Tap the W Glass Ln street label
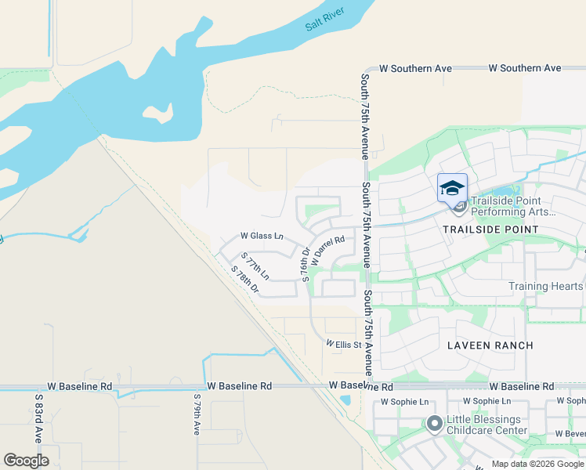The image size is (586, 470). click(261, 236)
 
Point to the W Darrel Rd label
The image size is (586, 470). click(327, 250)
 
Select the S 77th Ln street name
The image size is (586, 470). click(255, 266)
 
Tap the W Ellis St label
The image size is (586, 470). click(343, 345)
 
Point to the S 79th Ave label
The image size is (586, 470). click(197, 417)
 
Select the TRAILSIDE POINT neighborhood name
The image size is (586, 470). click(490, 230)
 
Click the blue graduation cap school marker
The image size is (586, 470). click(452, 188)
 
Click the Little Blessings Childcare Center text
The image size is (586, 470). click(487, 425)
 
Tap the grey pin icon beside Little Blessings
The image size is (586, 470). click(434, 425)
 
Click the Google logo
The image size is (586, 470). click(26, 461)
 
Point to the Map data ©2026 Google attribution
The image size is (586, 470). click(537, 464)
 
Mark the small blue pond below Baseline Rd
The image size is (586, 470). click(345, 400)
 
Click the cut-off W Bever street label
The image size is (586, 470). click(570, 433)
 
